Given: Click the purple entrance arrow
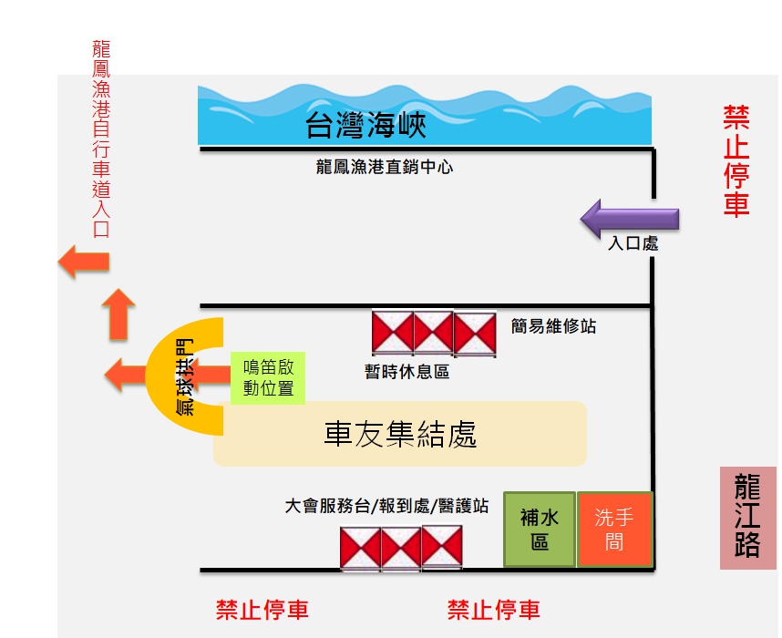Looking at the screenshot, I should tap(631, 219).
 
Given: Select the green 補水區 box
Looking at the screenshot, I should tap(540, 530).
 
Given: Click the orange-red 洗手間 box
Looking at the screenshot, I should tap(614, 530).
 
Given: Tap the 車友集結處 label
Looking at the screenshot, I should tap(400, 434).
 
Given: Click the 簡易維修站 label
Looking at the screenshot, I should tap(554, 325).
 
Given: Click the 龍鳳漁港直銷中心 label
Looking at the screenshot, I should tap(385, 167).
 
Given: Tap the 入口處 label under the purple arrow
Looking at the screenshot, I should tap(633, 244).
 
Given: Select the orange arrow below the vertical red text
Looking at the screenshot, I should tap(84, 262).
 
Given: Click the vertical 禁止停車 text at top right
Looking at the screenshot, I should tap(736, 160).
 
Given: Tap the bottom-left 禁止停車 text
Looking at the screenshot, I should tap(262, 610).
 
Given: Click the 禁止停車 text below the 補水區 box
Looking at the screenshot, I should tap(494, 610).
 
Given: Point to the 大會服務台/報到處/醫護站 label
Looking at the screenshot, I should tap(386, 506).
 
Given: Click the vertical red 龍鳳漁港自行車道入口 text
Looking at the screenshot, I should tap(101, 138).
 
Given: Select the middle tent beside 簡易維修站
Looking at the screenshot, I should tap(434, 333).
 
